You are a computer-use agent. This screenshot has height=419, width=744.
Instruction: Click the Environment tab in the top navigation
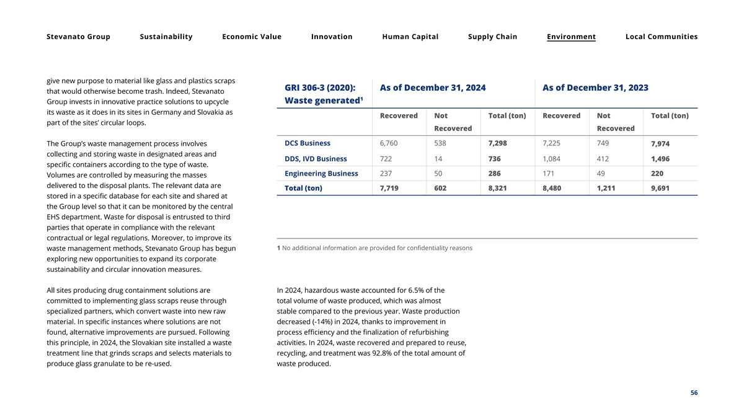click(571, 37)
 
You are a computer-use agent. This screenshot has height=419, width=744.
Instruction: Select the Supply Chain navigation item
click(492, 37)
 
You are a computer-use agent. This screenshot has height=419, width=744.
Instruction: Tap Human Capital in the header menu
click(410, 37)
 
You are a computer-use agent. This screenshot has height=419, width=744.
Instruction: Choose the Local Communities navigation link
click(661, 37)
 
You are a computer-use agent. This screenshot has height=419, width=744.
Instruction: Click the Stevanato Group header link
click(78, 37)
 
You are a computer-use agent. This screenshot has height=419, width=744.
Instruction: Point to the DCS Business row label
click(307, 143)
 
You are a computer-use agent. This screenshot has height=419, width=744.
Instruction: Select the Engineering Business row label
click(321, 173)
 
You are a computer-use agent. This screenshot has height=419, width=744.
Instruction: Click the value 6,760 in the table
click(389, 143)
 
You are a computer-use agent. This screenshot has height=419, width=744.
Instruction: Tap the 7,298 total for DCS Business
click(497, 143)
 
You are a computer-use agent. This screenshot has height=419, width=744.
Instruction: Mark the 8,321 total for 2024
click(498, 188)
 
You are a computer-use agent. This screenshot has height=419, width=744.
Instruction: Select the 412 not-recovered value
click(604, 159)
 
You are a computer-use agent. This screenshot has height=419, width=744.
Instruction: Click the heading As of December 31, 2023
click(595, 88)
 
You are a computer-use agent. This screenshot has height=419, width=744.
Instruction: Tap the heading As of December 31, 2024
click(432, 88)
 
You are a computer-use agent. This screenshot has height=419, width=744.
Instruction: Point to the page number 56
click(694, 393)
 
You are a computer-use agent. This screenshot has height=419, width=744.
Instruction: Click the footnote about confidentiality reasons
click(374, 248)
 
